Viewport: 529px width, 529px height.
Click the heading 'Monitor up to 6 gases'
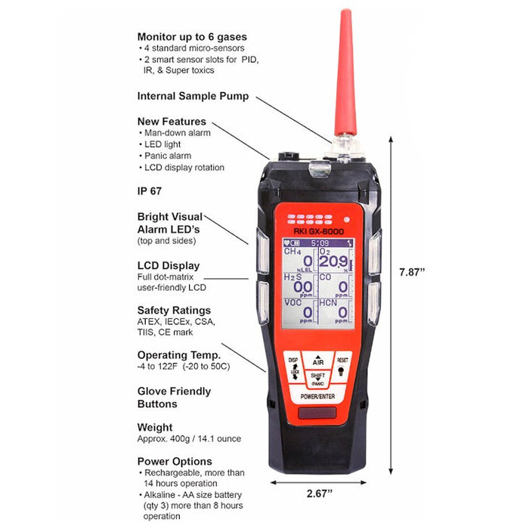pos(192,36)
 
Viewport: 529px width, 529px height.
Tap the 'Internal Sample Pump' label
pos(193,96)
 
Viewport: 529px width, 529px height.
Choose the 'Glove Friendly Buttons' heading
pos(174,398)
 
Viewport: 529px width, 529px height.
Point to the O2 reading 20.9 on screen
pos(333,261)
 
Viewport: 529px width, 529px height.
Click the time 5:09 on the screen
pos(317,243)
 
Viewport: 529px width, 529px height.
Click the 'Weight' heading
pos(155,427)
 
